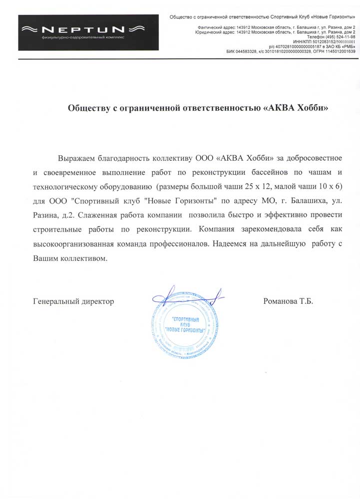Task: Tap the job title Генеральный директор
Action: click(x=73, y=301)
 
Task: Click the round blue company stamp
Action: click(x=186, y=325)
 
